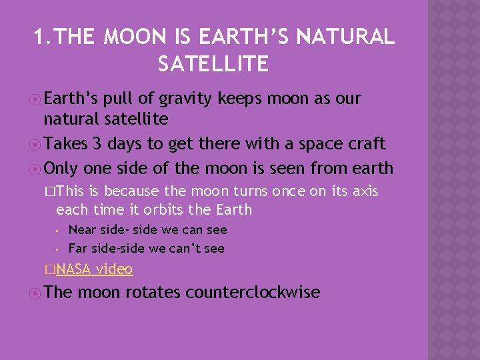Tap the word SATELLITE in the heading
[x=213, y=64]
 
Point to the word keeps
[x=239, y=99]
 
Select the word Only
[x=61, y=168]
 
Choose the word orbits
[x=156, y=209]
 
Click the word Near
[x=82, y=230]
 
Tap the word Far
[x=78, y=249]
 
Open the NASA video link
[x=94, y=269]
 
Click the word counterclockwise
[x=253, y=292]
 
